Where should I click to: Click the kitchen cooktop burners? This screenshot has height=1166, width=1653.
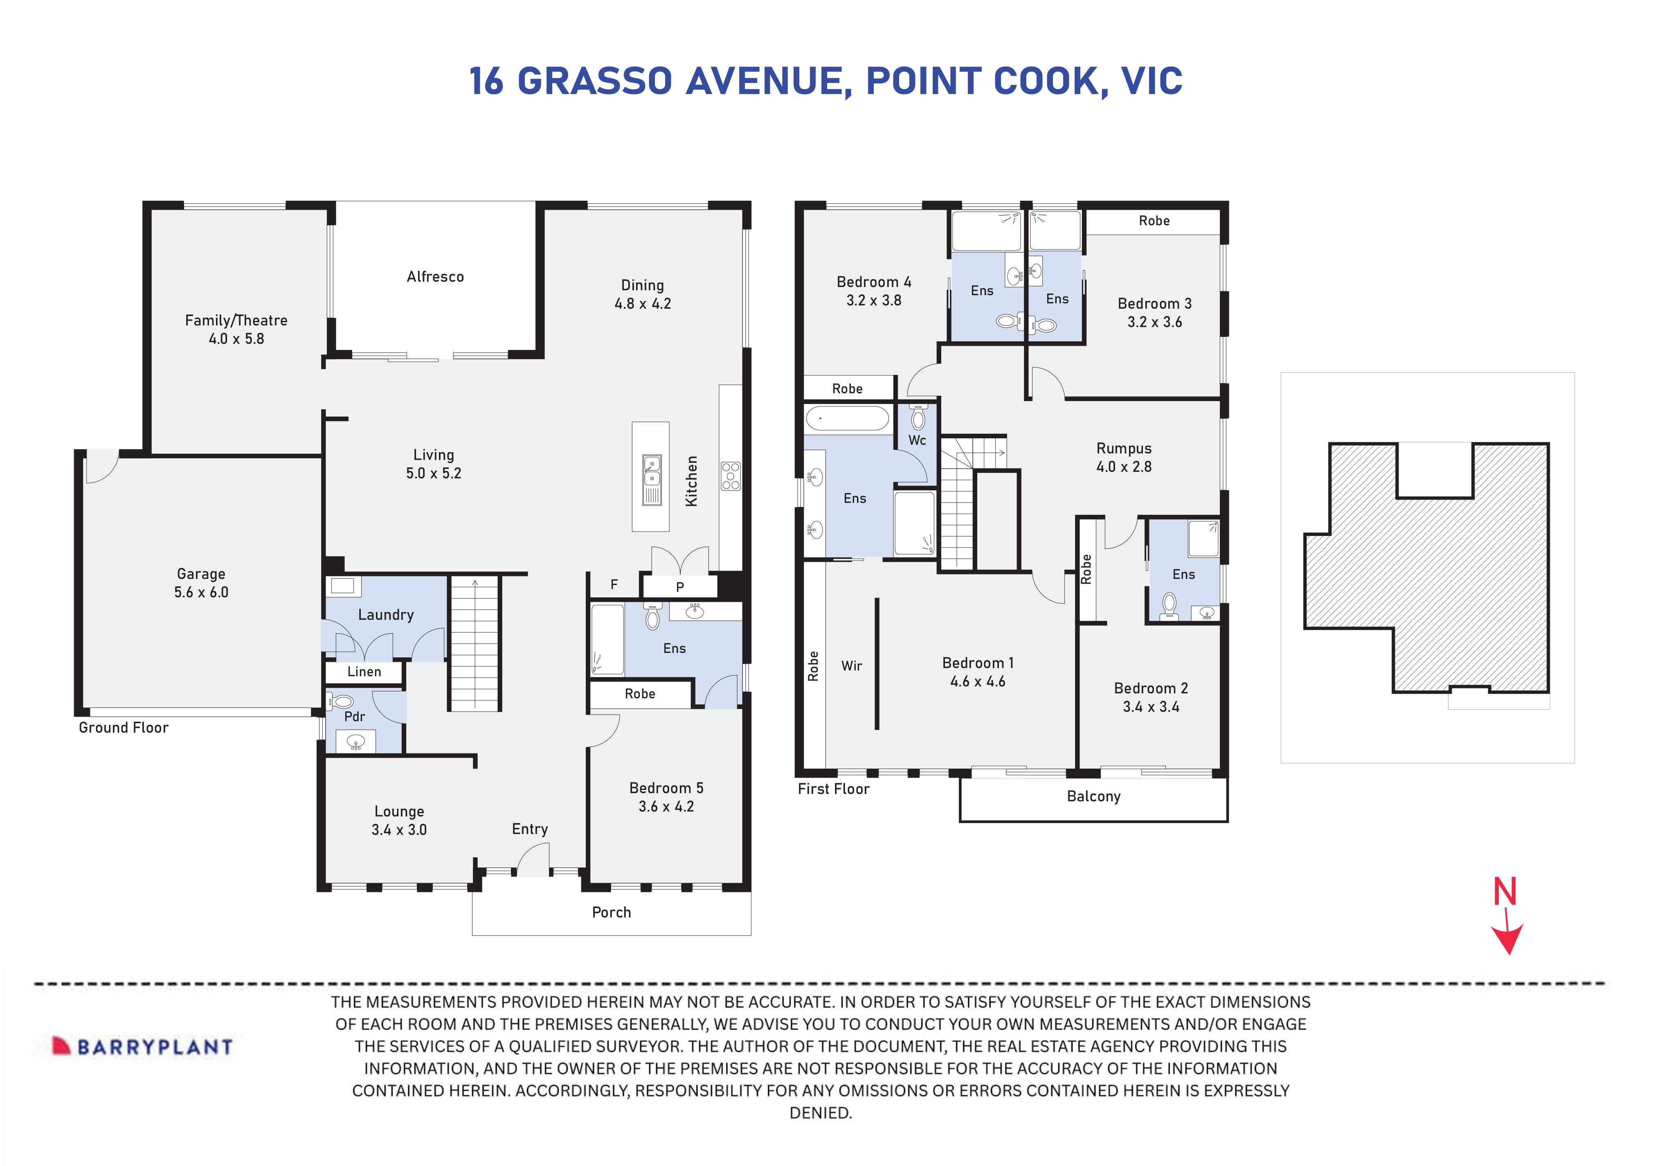(730, 476)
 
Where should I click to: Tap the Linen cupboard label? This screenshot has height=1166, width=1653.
(364, 672)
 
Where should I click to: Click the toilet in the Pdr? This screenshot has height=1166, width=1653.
(343, 701)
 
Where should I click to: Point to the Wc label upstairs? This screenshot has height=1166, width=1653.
(917, 440)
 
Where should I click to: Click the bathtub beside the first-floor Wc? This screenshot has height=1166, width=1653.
(848, 418)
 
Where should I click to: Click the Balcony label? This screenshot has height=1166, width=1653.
(1093, 797)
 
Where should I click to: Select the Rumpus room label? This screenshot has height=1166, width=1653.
(1123, 448)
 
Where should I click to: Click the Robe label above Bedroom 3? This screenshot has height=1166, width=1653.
(1154, 221)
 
